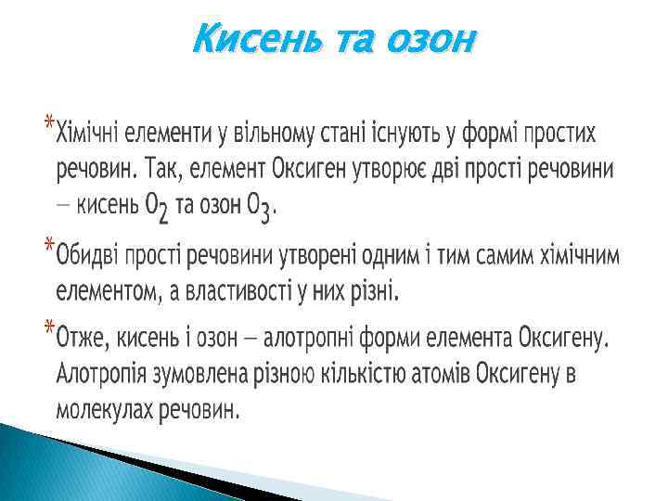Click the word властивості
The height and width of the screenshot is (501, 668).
pyautogui.click(x=247, y=292)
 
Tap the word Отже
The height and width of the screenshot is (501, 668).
pyautogui.click(x=81, y=336)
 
